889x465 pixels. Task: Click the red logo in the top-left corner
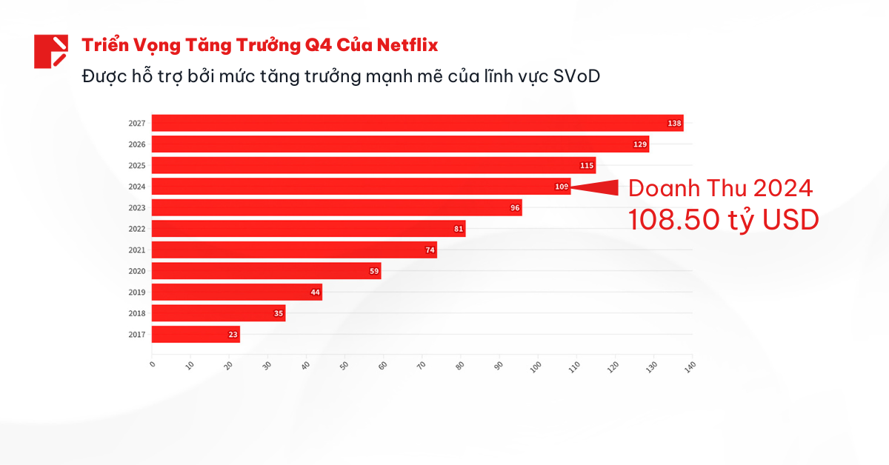click(51, 51)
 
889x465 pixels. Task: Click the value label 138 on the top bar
click(674, 123)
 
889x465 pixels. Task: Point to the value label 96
click(515, 208)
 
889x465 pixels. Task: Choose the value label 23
click(233, 335)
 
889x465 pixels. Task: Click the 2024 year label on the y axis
click(137, 187)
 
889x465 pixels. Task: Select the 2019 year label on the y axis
click(137, 292)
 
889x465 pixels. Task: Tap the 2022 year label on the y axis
click(137, 229)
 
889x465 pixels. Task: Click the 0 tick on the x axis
click(152, 364)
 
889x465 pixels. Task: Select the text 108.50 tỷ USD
click(724, 219)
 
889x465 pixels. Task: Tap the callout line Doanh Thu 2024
click(720, 188)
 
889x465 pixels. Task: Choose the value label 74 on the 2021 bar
click(430, 250)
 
